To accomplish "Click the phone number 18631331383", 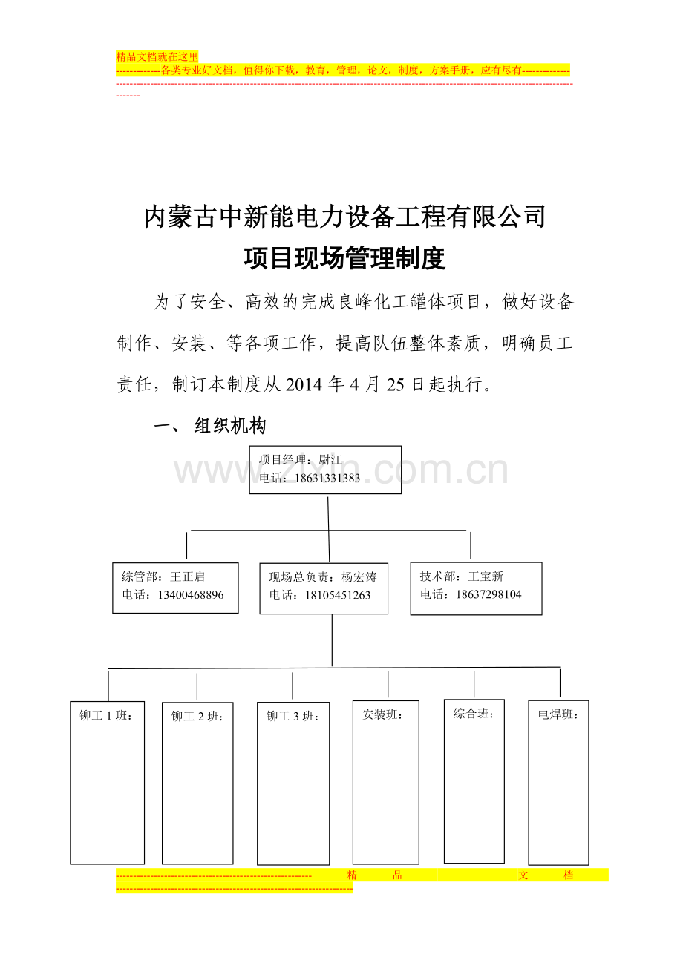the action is click(327, 478).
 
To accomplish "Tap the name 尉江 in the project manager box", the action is click(330, 460).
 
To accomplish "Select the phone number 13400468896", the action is click(191, 595).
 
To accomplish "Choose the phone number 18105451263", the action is click(338, 596).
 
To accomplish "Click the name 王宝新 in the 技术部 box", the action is click(486, 576).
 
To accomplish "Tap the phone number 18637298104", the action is click(488, 595).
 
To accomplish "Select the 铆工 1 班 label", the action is click(105, 716).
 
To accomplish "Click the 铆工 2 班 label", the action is click(197, 716).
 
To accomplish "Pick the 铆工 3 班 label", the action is click(293, 716).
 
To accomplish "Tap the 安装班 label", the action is click(383, 715).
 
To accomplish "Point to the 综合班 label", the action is click(474, 714).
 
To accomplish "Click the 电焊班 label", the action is click(558, 714).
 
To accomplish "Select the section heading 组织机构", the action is click(230, 426).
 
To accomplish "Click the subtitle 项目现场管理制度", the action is click(344, 258).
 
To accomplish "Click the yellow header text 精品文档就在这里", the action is click(157, 56).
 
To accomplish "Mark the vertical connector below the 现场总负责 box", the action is click(332, 640).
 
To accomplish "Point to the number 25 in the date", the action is click(395, 384).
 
